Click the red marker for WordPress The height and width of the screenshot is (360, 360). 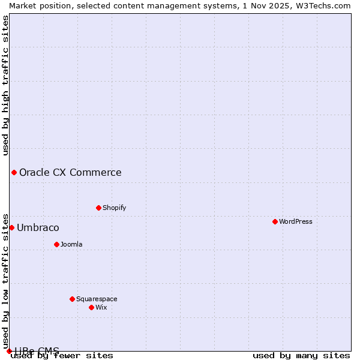point(275,221)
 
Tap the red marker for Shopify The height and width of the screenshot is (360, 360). point(98,208)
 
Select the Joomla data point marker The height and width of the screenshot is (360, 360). point(56,244)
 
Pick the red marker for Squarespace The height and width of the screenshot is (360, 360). point(72,299)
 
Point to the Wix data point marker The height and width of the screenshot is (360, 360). point(91,307)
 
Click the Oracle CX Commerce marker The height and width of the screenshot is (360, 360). point(14,173)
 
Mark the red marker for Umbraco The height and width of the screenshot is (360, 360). point(11,227)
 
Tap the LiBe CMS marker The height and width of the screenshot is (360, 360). point(9,351)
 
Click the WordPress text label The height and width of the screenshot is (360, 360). point(295,221)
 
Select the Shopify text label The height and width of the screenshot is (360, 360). point(114,208)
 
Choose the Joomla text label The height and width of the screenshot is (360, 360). point(71,244)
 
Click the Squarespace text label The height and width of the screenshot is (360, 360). point(97,299)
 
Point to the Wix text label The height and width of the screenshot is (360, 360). point(101,307)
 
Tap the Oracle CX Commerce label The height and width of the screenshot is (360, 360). point(70,173)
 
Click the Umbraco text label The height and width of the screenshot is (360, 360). point(38,227)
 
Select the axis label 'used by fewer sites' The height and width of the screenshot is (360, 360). point(62,356)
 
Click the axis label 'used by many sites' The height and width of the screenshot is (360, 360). point(301,356)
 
